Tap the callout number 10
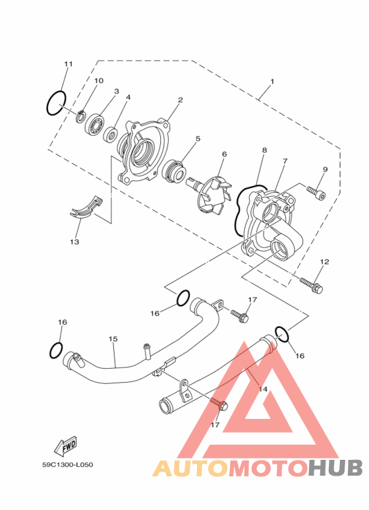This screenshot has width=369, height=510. pyautogui.click(x=99, y=80)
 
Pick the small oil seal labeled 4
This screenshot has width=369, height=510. pyautogui.click(x=111, y=135)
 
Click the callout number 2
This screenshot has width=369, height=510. pyautogui.click(x=180, y=100)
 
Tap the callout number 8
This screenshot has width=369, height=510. pyautogui.click(x=264, y=150)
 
